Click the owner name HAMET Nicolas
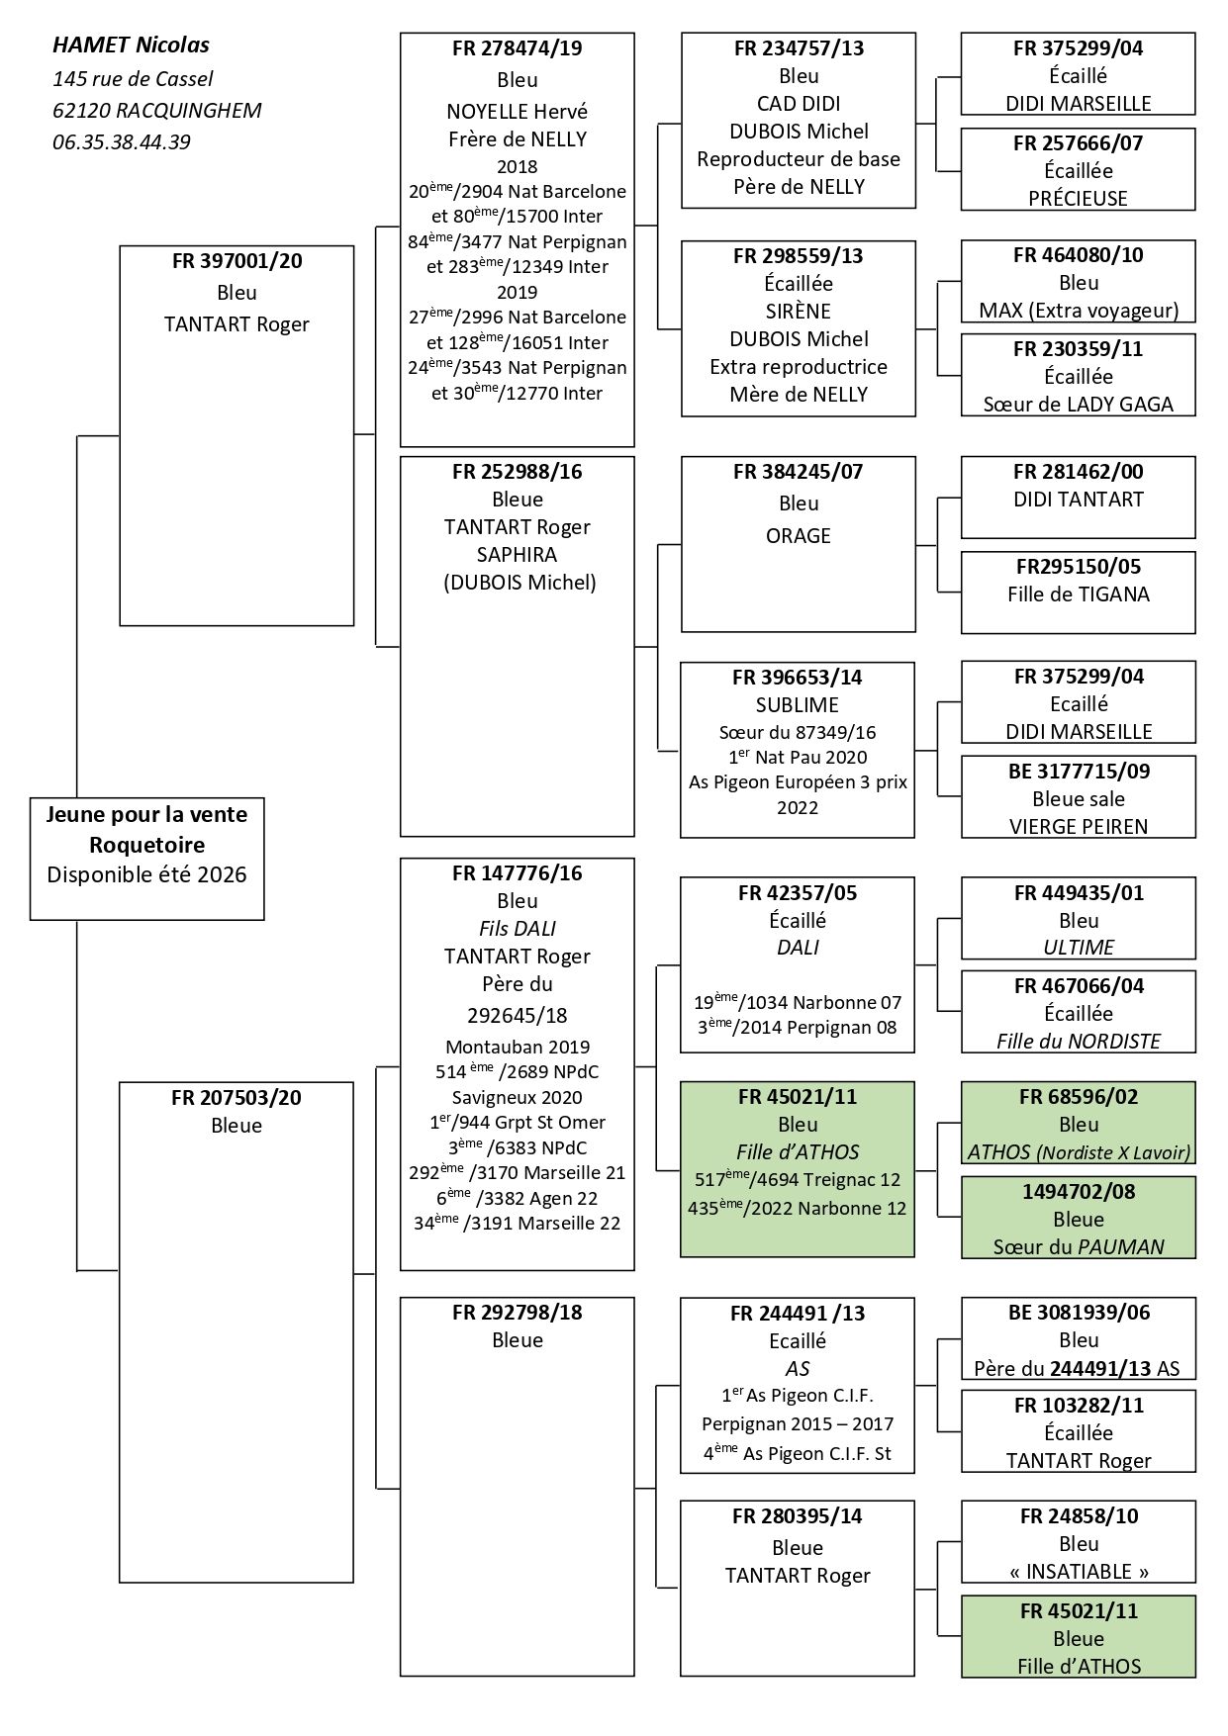(131, 46)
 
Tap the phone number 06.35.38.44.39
(122, 142)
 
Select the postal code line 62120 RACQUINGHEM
(157, 111)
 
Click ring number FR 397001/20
(236, 262)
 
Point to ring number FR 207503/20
(236, 1098)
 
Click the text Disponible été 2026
(146, 875)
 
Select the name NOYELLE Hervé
(517, 112)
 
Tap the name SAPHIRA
(517, 555)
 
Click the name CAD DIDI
(798, 104)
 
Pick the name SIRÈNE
(798, 312)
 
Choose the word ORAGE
(798, 536)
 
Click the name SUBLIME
(798, 705)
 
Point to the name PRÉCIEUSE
(1078, 199)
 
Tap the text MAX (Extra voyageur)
(1078, 311)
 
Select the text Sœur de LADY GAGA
(1078, 405)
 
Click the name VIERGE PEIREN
(1078, 827)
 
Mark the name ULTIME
(1078, 948)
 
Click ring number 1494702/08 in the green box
(1078, 1192)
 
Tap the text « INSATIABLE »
(1078, 1572)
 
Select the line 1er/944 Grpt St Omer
(517, 1123)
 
